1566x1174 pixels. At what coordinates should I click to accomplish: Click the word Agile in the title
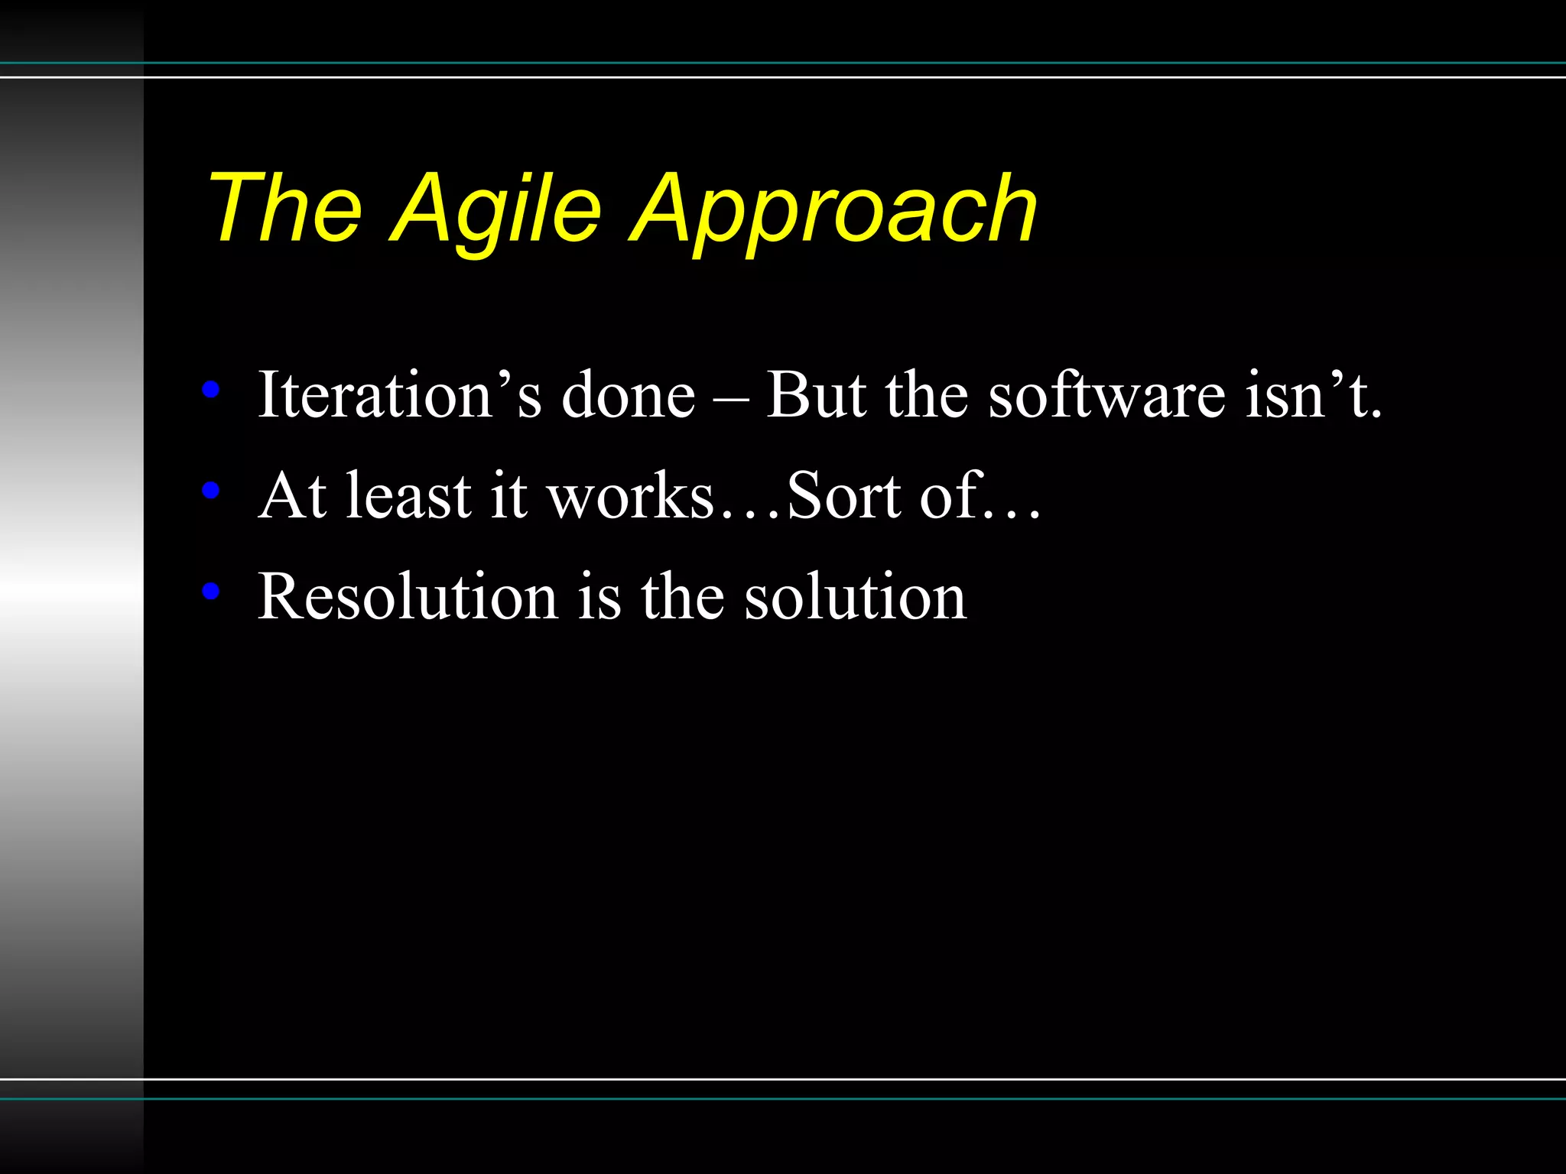click(497, 209)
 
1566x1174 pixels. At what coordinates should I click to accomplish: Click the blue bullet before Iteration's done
click(211, 391)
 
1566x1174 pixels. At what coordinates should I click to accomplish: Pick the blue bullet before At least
click(211, 491)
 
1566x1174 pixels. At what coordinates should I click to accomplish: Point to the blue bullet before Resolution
click(211, 591)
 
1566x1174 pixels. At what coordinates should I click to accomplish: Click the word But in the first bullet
click(817, 394)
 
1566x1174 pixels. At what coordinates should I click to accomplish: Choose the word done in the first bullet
click(629, 394)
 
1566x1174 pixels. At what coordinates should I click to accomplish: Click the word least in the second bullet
click(408, 496)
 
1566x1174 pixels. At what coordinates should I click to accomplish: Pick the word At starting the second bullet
click(294, 496)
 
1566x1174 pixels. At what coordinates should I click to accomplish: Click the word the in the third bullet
click(682, 596)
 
